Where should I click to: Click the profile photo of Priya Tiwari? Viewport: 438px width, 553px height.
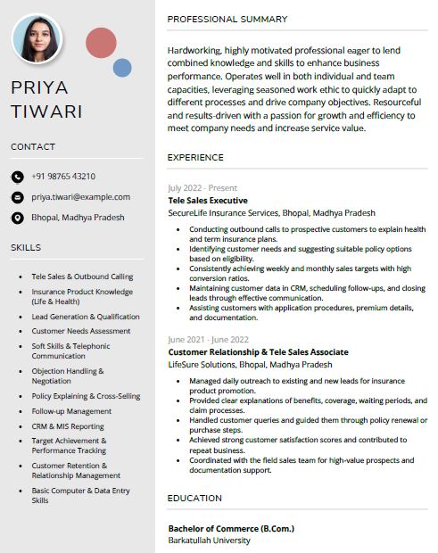37,38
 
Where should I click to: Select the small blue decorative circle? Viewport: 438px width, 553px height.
122,68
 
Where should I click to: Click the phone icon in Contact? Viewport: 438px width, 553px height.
17,177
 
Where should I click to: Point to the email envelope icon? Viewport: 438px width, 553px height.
17,197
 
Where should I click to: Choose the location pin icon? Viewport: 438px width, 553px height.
17,218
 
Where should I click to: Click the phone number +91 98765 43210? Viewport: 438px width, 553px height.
63,177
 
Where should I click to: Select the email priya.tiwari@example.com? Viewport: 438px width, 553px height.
80,197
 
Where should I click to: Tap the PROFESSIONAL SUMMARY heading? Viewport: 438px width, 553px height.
227,19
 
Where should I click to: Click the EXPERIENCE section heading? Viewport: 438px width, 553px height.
195,158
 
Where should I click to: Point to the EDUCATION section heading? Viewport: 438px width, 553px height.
194,499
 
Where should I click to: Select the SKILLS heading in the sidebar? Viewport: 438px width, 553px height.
26,247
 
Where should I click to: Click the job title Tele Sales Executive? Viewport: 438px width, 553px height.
208,201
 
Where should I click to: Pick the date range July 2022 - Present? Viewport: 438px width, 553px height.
202,188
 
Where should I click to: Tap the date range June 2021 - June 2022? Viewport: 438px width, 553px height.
208,340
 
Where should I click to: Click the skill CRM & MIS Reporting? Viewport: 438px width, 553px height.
68,426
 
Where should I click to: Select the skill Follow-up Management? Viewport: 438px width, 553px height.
72,412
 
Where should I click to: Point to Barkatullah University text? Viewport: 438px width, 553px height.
210,541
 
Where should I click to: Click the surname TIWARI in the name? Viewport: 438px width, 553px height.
46,112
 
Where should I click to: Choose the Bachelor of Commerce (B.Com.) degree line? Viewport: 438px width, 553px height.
231,529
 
